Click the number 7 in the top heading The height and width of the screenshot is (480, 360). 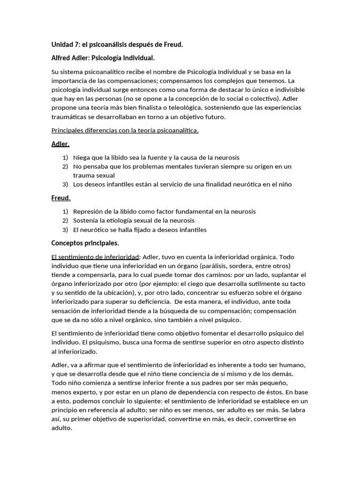pos(77,45)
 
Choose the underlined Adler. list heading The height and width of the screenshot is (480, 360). pos(60,144)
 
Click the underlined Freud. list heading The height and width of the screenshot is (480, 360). pos(61,198)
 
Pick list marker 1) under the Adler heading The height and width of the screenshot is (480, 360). pos(65,157)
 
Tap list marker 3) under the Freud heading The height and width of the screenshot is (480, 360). pos(65,230)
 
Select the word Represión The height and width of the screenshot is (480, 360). pos(89,211)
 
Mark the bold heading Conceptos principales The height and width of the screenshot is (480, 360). pos(85,243)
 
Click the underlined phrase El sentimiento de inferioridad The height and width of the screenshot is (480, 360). pos(95,257)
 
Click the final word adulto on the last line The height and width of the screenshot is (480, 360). pos(61,427)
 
